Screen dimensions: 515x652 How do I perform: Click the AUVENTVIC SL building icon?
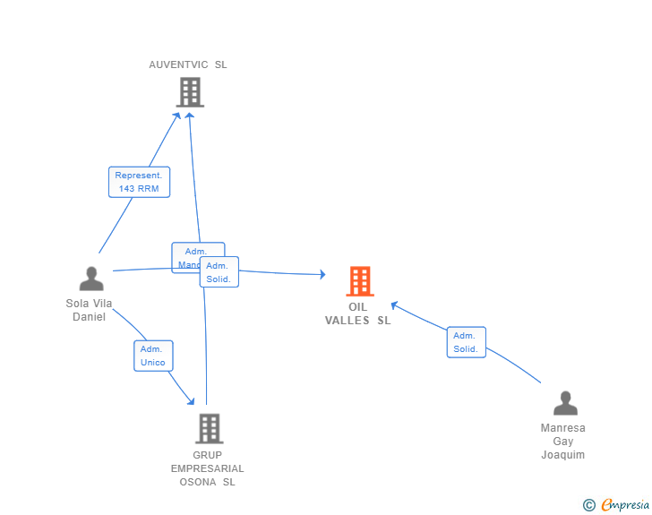(x=190, y=92)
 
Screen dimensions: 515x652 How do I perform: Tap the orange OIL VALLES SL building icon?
(x=360, y=281)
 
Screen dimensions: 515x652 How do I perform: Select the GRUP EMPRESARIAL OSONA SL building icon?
(x=209, y=429)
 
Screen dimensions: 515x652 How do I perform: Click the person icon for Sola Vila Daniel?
(x=91, y=279)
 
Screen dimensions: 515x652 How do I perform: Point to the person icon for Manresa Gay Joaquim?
(x=565, y=404)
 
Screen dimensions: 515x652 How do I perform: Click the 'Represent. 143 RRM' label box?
(x=139, y=182)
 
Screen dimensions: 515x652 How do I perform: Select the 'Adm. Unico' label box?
(x=152, y=356)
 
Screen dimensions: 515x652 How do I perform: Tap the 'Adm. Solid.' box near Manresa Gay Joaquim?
(x=466, y=342)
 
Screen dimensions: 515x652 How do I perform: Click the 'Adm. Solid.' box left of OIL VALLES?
(x=219, y=272)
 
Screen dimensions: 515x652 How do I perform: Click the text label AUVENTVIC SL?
(x=188, y=64)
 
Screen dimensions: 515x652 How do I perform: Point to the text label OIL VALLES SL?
(x=358, y=313)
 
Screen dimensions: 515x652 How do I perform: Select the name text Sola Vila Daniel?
(x=90, y=310)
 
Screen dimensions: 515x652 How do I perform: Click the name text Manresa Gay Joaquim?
(x=563, y=441)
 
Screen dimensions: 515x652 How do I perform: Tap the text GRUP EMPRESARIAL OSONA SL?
(x=208, y=468)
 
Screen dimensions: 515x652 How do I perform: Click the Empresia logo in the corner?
(x=625, y=505)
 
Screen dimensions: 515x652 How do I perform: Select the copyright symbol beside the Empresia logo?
(x=589, y=505)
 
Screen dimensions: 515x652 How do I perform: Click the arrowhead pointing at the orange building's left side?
(x=322, y=274)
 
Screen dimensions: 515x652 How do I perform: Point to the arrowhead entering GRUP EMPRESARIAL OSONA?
(x=190, y=400)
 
